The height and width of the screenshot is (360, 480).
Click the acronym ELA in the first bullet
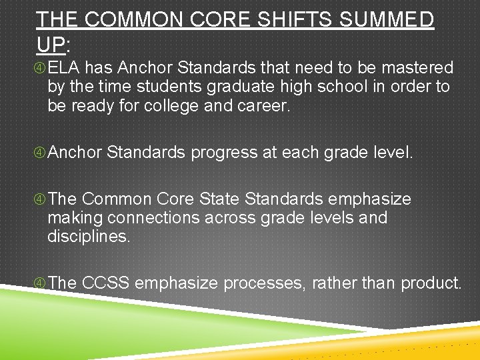[64, 68]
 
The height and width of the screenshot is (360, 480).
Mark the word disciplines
[89, 236]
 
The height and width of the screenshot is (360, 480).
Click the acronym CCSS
[105, 283]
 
